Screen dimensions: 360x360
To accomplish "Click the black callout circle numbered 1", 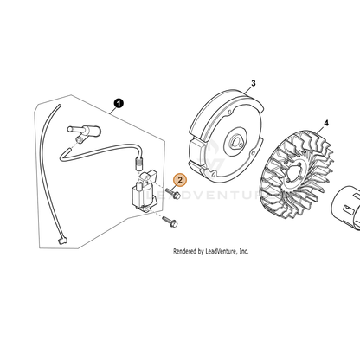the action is (x=119, y=103).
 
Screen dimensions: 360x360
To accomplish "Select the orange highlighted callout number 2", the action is (x=180, y=180).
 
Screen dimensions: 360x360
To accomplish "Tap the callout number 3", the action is (x=254, y=83).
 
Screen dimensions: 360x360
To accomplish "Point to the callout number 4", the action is (x=326, y=123).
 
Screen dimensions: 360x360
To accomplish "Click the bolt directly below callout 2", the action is (x=173, y=194).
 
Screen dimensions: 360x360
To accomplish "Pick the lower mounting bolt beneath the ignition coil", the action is (x=170, y=222).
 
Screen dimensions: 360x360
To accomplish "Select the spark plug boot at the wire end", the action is (x=84, y=131).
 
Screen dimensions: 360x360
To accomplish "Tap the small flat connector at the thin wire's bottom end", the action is (x=63, y=241).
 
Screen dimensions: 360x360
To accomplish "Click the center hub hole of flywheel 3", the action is (x=236, y=143).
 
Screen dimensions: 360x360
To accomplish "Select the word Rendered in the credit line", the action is (x=185, y=252).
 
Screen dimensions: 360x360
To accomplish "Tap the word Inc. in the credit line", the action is (x=244, y=252).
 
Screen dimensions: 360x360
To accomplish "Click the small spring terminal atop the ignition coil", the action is (x=139, y=164).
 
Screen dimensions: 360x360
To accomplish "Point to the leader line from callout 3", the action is (x=247, y=90).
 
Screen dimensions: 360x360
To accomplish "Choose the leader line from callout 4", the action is (x=321, y=130).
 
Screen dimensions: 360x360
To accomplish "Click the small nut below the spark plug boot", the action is (x=79, y=140).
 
